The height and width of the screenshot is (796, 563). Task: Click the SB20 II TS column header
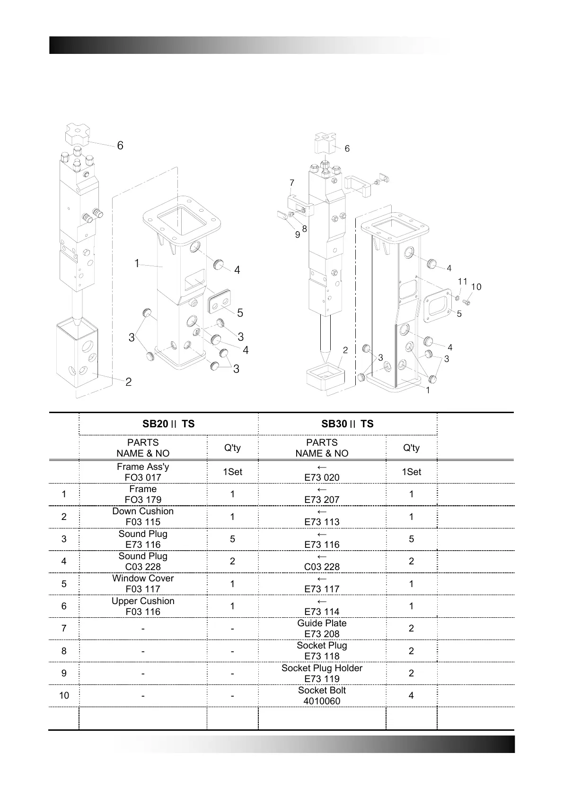tap(168, 424)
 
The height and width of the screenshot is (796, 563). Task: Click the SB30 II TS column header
tap(347, 424)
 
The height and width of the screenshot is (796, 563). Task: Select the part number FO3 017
tap(143, 477)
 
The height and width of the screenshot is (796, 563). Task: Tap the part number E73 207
tap(322, 500)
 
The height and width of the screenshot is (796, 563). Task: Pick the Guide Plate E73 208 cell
tap(322, 628)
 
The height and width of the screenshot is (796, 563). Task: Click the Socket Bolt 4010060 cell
tap(322, 695)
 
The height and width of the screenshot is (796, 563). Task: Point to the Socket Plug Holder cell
tap(322, 673)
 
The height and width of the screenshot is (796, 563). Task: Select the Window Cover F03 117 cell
tap(143, 583)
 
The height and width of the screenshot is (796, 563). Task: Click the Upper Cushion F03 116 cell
tap(143, 606)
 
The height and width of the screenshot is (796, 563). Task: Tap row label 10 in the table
tap(64, 695)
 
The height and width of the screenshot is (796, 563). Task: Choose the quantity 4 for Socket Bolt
tap(411, 695)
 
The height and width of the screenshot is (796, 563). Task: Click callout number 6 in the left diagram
tap(120, 146)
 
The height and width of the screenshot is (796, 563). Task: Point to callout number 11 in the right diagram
tap(462, 282)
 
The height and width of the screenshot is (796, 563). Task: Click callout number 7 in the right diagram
tap(292, 183)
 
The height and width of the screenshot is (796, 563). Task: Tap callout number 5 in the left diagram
tap(240, 313)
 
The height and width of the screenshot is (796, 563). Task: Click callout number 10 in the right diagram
tap(476, 287)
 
